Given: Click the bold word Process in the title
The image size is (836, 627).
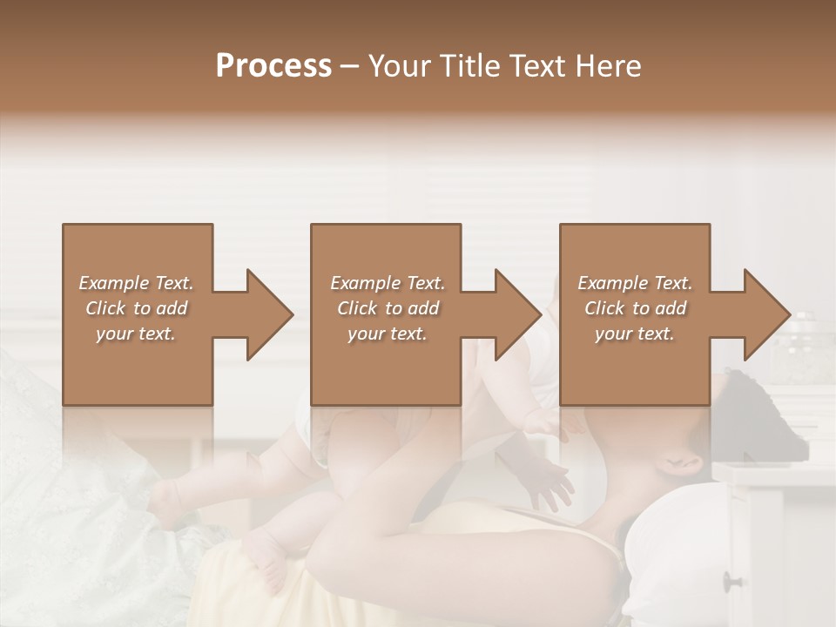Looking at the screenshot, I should tap(273, 66).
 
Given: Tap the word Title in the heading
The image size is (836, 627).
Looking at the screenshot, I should tap(469, 66).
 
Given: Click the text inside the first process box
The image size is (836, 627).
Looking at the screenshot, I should tap(136, 308).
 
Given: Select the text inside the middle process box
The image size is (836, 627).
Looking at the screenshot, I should tap(388, 308).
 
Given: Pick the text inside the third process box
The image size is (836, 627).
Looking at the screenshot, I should tap(635, 308).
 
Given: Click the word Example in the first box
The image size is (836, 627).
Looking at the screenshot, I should tap(115, 283).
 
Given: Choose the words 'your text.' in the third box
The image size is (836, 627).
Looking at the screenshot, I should tap(635, 334).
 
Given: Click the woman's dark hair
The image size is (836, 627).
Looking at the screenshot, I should tap(749, 409).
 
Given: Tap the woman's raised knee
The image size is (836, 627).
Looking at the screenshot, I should tap(366, 549).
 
